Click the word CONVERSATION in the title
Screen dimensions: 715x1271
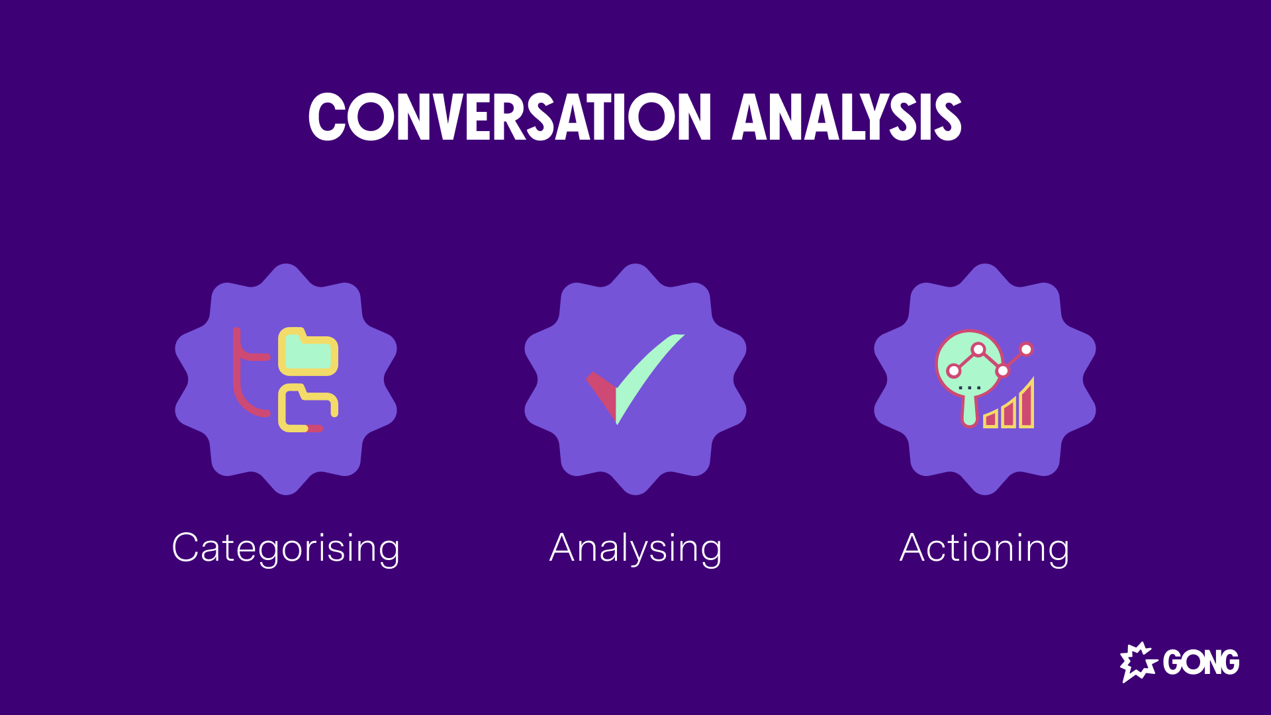tap(510, 117)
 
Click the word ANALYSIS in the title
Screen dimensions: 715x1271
tap(846, 117)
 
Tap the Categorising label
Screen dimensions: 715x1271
tap(286, 548)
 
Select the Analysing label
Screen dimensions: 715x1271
tap(635, 548)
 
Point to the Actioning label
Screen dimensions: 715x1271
tap(984, 548)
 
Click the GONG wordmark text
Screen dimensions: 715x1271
tap(1201, 662)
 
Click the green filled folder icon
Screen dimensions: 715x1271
tap(308, 352)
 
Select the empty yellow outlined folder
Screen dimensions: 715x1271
tap(306, 409)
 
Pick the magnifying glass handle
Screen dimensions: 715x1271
tap(970, 410)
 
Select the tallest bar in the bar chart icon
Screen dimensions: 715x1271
tap(1027, 405)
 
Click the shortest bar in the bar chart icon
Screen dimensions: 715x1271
tap(990, 419)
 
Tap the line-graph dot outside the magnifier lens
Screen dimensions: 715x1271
tap(1026, 349)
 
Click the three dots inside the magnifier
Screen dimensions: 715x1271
tap(970, 388)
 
